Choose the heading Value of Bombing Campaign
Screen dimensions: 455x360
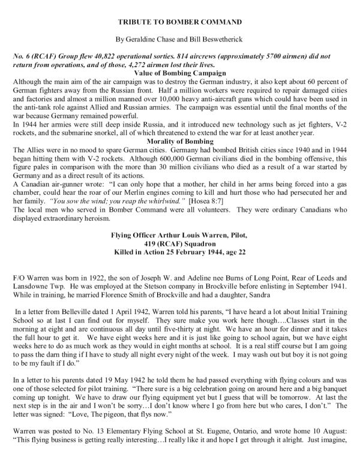point(180,76)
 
